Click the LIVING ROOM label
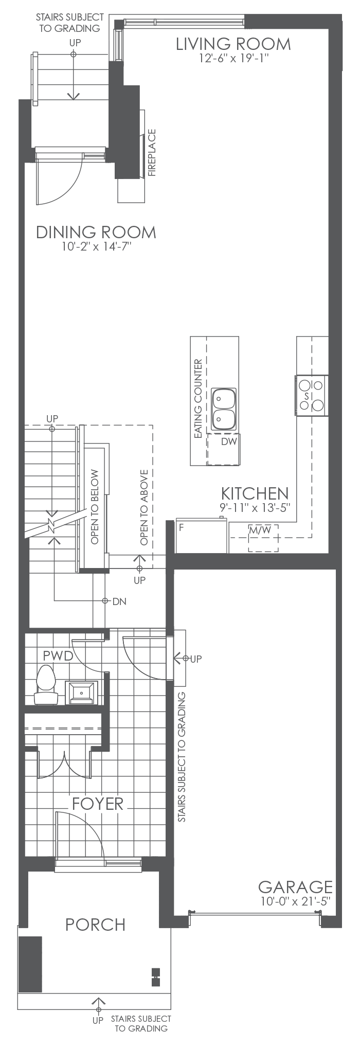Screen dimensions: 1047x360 coord(233,44)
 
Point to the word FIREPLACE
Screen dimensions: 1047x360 coord(152,153)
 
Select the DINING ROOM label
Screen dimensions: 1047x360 coord(96,232)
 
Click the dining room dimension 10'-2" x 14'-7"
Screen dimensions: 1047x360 coord(96,247)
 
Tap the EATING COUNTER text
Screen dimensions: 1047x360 coord(197,400)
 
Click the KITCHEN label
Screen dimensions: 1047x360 coord(255,493)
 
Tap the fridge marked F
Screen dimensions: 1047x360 coord(201,535)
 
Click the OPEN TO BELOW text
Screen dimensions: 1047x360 coord(95,507)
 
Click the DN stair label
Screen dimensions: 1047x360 coord(119,601)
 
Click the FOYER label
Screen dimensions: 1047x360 coord(98,804)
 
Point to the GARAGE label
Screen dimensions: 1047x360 coord(295,887)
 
